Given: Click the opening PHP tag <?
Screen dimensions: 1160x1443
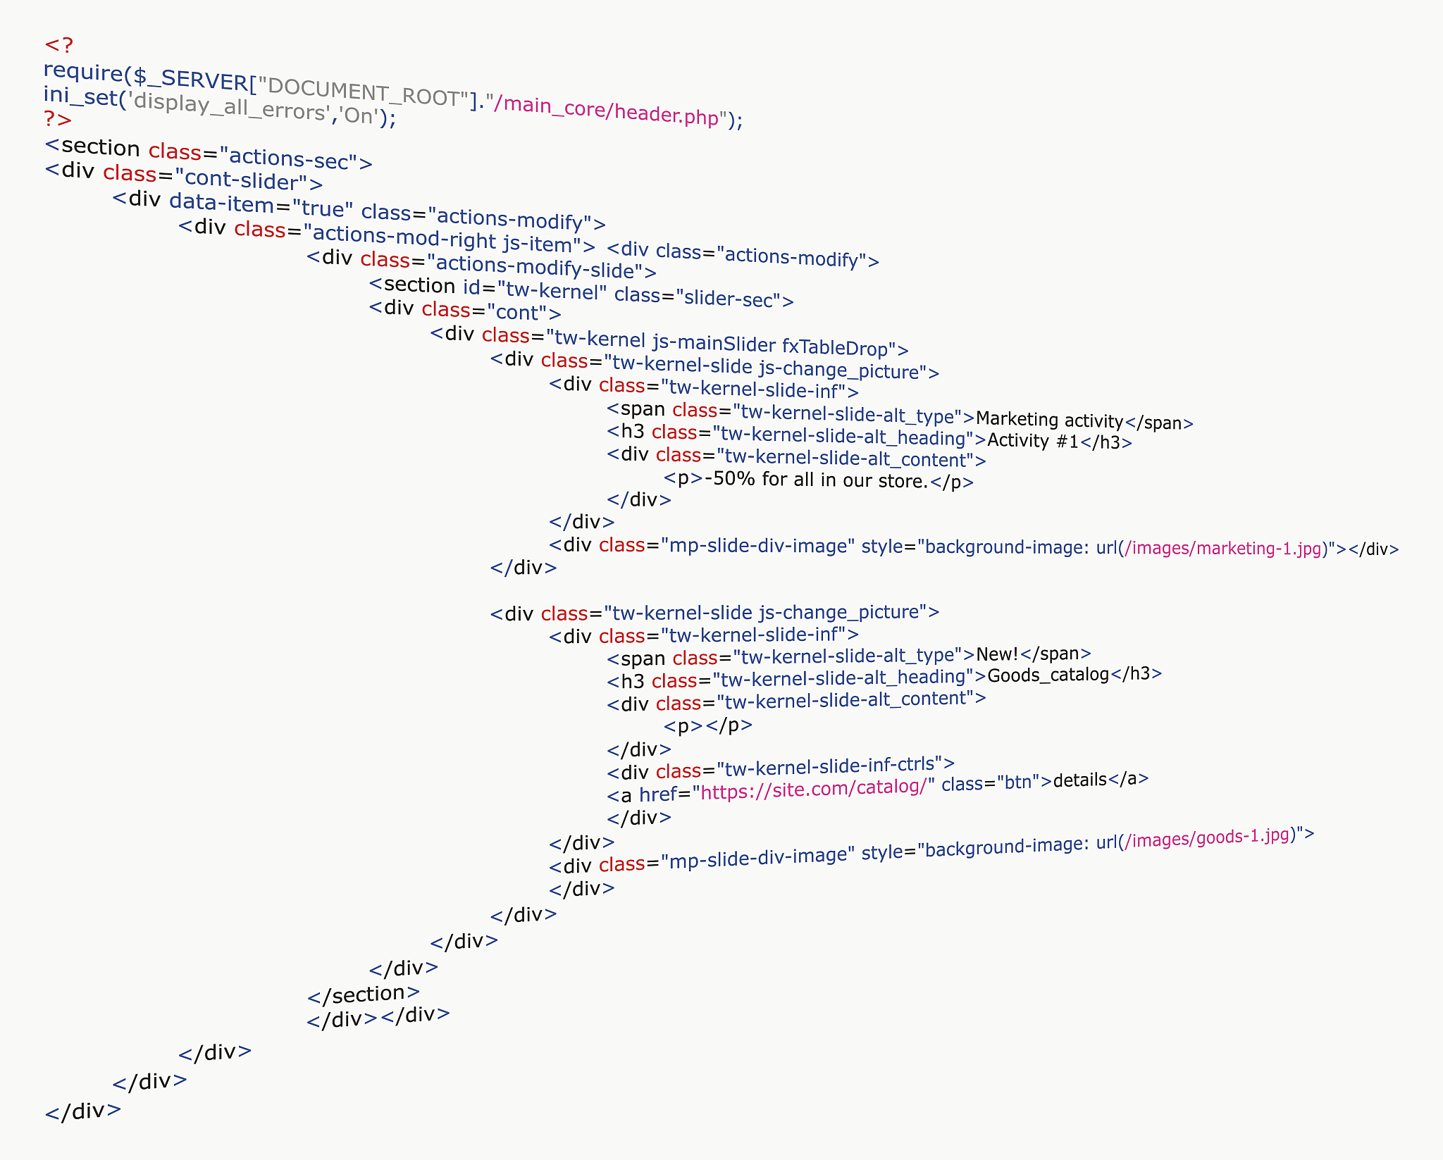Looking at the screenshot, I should click(58, 45).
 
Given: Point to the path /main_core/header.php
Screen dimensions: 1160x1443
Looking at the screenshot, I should click(606, 111).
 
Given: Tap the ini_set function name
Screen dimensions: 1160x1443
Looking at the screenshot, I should click(80, 96).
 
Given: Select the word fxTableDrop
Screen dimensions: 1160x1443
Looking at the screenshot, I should click(834, 347).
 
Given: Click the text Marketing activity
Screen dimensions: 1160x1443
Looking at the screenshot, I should click(1049, 420).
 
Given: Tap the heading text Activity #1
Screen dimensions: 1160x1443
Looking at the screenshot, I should click(1033, 441).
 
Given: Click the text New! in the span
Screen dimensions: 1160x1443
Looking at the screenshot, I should click(997, 654).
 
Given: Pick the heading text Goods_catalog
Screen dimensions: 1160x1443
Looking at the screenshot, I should click(1048, 675).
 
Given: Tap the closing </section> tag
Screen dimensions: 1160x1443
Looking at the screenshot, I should click(364, 994).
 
